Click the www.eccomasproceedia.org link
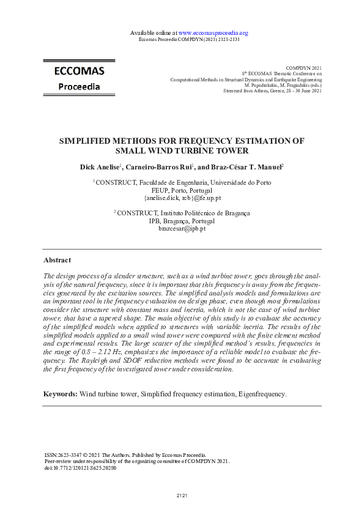click(x=213, y=32)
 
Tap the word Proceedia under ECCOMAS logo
click(x=79, y=86)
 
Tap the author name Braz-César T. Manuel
click(x=248, y=166)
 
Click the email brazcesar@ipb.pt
click(x=182, y=228)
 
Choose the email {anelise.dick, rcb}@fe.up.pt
click(x=182, y=198)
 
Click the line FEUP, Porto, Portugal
click(x=182, y=190)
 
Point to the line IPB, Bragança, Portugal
click(x=182, y=221)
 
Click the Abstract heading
click(x=57, y=260)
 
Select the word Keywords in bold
click(x=60, y=394)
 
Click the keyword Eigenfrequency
click(x=261, y=394)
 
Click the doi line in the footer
click(x=80, y=468)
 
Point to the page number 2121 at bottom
click(x=182, y=494)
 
